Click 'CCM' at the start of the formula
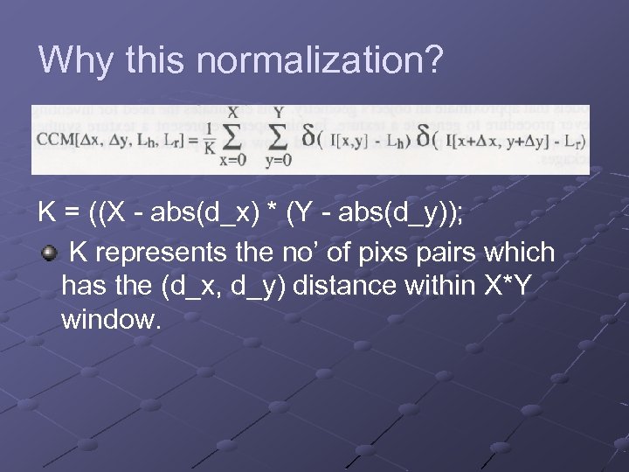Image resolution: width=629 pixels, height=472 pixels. (53, 142)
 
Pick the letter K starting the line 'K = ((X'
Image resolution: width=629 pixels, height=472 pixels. (47, 212)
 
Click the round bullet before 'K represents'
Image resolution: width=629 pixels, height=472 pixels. (51, 253)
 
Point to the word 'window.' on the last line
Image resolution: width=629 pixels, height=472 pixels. (112, 319)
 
